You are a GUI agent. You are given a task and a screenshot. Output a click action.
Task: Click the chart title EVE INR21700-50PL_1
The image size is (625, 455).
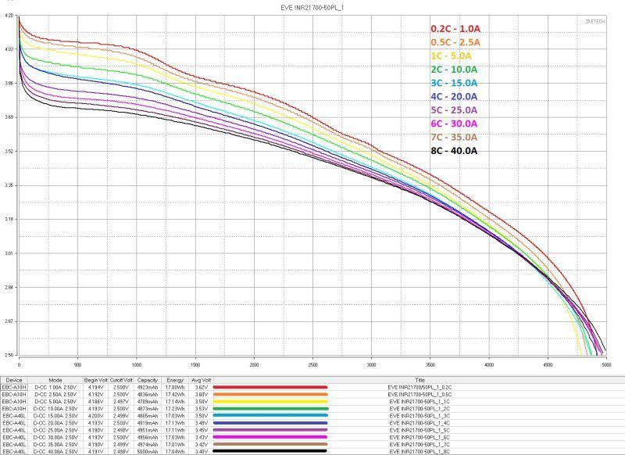[x=312, y=7]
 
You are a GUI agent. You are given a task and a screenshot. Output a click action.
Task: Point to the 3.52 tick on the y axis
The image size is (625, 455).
[x=8, y=151]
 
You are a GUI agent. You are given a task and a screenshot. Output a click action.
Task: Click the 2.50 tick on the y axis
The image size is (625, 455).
[x=8, y=355]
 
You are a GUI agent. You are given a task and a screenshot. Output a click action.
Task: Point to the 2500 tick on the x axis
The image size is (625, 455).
[x=313, y=364]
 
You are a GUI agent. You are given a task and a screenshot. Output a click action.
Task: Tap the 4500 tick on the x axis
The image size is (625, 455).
[x=548, y=364]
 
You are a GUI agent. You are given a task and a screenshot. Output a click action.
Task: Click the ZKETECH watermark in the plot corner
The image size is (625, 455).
[x=602, y=22]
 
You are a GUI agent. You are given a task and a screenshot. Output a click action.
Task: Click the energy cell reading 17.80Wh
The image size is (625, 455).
[x=176, y=386]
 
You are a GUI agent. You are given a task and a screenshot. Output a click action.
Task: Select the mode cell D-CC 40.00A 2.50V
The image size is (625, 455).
[x=59, y=451]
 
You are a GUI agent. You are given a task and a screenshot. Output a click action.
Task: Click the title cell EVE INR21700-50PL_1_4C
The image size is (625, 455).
[x=420, y=422]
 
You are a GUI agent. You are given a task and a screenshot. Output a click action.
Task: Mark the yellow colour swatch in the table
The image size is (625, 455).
[x=270, y=400]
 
